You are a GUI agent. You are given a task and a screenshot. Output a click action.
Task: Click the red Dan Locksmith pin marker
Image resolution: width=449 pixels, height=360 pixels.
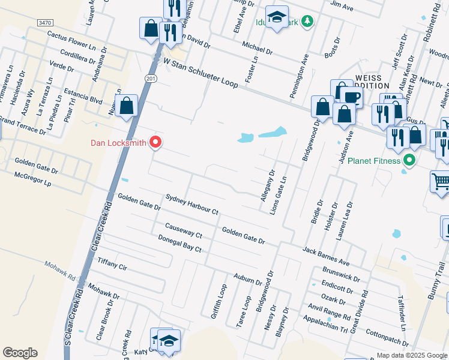155,142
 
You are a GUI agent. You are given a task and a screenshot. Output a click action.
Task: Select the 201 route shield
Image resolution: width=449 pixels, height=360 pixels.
150,78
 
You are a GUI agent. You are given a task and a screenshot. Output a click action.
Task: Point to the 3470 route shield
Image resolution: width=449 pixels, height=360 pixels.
44,22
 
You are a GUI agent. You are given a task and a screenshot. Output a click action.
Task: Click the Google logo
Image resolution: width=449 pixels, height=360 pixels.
20,353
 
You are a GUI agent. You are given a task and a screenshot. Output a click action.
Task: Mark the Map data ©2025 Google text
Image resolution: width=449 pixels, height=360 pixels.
411,355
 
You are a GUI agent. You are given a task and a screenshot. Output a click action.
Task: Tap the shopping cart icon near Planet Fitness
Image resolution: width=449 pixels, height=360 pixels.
441,181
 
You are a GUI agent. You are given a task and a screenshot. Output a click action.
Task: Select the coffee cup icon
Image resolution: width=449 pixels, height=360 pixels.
352,97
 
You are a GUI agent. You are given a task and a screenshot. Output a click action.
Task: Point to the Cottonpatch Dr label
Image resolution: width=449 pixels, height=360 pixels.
387,340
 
